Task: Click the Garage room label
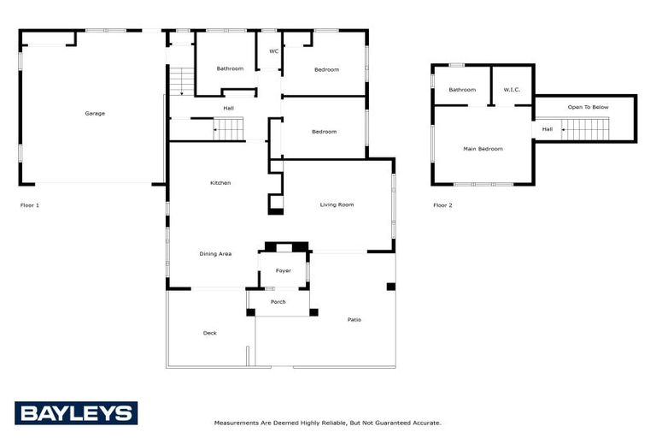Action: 94,113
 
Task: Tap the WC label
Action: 274,51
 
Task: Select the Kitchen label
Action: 220,183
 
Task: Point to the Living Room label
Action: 337,204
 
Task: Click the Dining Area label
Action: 215,253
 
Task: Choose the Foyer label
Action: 283,271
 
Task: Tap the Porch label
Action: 278,302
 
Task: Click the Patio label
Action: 354,320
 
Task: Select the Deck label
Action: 209,333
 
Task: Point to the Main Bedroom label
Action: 483,149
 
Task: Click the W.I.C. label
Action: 512,89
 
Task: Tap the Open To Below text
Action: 588,107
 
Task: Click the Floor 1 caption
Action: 30,205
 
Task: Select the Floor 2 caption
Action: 442,205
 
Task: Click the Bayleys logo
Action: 75,413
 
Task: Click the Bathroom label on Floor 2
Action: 462,89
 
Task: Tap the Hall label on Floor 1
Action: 228,108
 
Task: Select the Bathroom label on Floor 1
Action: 229,68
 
